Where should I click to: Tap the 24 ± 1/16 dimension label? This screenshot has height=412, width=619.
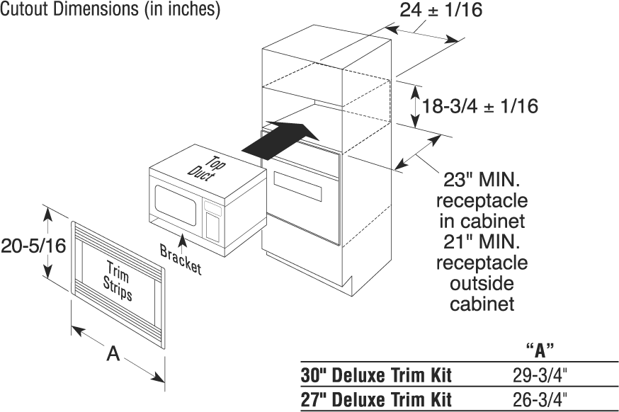tap(462, 11)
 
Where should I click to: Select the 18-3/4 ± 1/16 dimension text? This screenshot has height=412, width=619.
tap(480, 106)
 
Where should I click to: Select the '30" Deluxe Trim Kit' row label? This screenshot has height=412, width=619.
tap(376, 375)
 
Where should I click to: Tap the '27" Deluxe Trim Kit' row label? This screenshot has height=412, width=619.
tap(376, 399)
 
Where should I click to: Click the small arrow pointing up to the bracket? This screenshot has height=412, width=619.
tap(183, 243)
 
